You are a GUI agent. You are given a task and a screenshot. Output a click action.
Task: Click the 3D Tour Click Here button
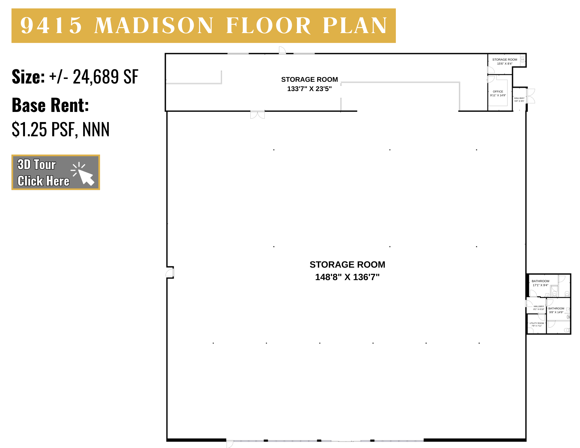(56, 172)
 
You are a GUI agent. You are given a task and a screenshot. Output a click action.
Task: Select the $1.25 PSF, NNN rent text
(61, 129)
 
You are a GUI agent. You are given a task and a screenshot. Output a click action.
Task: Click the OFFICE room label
(498, 92)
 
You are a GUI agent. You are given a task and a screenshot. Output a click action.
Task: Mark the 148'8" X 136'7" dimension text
(347, 277)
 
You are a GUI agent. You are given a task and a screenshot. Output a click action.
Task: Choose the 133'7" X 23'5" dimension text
(309, 89)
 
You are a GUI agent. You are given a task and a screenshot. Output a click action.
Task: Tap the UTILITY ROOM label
(536, 323)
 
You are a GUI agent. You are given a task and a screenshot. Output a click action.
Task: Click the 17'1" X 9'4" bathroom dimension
(540, 285)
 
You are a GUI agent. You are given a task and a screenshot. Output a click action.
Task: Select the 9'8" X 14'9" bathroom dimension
(556, 312)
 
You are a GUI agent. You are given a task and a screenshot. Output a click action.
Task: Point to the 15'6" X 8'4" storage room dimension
(505, 64)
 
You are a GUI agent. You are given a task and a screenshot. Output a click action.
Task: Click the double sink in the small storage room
(522, 59)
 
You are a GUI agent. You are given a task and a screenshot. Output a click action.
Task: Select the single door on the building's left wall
(170, 273)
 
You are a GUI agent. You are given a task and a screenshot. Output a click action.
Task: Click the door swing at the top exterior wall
(282, 50)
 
